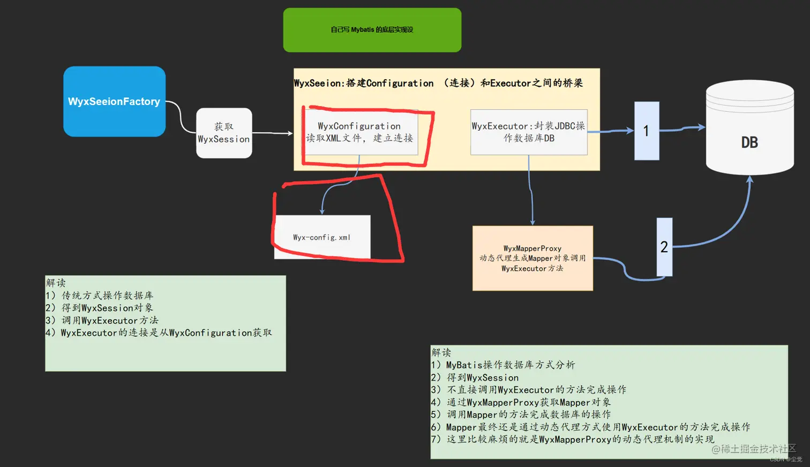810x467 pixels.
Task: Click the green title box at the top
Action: pyautogui.click(x=372, y=30)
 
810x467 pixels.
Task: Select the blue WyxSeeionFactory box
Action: pyautogui.click(x=114, y=101)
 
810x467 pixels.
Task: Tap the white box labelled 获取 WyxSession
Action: pyautogui.click(x=224, y=133)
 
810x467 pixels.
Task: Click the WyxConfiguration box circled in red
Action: pyautogui.click(x=360, y=132)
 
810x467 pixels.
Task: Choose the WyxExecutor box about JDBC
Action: pyautogui.click(x=529, y=132)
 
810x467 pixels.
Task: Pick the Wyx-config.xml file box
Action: pyautogui.click(x=322, y=237)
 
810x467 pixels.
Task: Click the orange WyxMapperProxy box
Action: pyautogui.click(x=532, y=258)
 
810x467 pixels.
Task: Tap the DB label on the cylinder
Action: pyautogui.click(x=749, y=142)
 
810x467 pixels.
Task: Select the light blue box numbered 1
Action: pyautogui.click(x=647, y=131)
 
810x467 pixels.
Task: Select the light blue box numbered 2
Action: pyautogui.click(x=664, y=247)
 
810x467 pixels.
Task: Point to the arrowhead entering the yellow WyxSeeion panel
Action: pyautogui.click(x=290, y=133)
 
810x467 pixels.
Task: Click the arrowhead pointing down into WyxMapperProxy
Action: pyautogui.click(x=532, y=222)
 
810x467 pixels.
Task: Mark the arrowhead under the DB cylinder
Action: pyautogui.click(x=750, y=180)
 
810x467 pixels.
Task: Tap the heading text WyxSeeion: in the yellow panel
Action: pyautogui.click(x=318, y=84)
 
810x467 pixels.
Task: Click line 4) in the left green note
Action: pyautogui.click(x=159, y=333)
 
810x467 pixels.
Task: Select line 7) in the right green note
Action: pyautogui.click(x=573, y=439)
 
